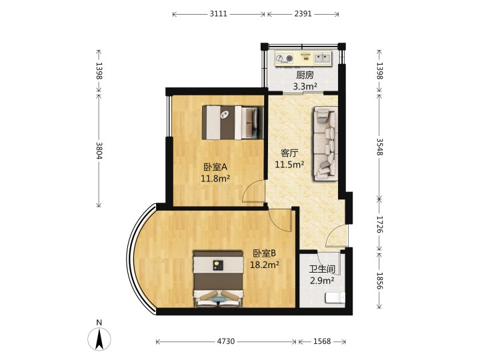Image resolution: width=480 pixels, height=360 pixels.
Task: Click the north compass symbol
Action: coord(99,339)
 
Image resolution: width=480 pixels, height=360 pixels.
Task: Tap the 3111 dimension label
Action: coord(218,14)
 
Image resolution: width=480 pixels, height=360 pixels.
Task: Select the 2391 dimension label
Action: coord(303,14)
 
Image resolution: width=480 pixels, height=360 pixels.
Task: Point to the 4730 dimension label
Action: coord(226,341)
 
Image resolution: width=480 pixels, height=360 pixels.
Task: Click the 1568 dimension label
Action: coord(322,341)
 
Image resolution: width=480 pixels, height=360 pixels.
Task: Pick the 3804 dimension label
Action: coord(99,150)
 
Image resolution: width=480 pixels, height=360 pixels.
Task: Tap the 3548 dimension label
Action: coord(379,147)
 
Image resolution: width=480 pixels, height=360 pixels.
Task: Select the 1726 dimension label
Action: coord(379,225)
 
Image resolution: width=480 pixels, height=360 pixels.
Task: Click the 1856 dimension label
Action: coord(379,281)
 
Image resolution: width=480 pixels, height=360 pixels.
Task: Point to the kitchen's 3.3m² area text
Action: coord(305,87)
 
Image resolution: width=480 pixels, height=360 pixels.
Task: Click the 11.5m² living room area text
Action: coord(289,165)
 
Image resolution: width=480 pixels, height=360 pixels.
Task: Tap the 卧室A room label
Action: coord(215,167)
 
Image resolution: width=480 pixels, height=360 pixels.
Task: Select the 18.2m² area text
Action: coord(265,265)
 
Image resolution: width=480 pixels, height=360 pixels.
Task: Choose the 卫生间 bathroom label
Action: coord(322,269)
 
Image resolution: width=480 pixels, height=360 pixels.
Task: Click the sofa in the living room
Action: coord(325,144)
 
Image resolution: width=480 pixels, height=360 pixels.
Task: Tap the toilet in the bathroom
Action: coord(335,297)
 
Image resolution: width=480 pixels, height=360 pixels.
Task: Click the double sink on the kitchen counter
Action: coord(323,58)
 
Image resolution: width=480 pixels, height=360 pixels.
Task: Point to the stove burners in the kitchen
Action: coord(284,58)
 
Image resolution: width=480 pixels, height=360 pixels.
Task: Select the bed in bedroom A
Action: coord(233,123)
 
